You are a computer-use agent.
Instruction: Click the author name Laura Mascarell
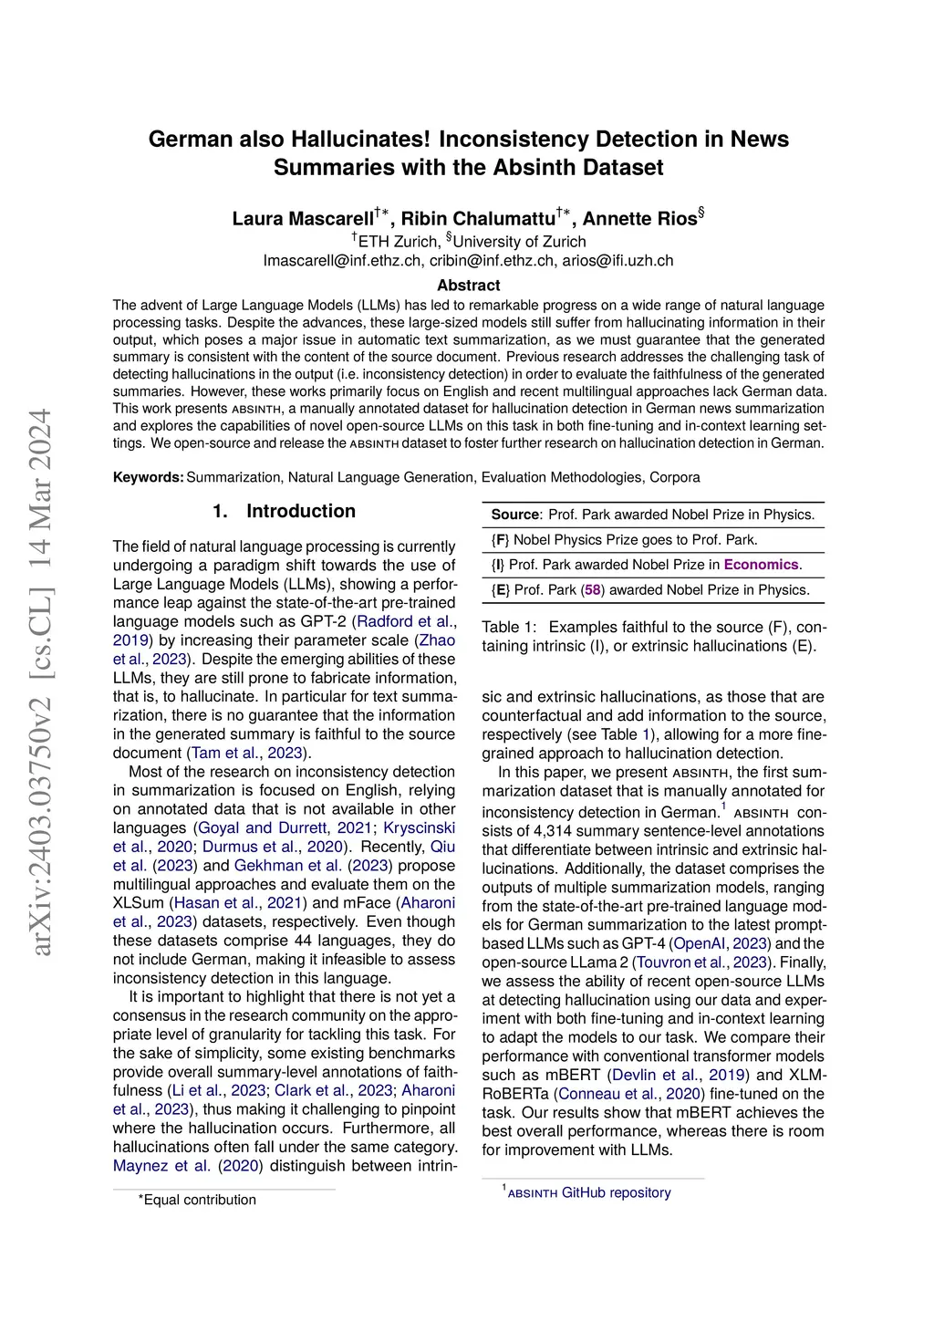click(x=303, y=219)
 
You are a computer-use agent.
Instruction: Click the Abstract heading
click(x=468, y=286)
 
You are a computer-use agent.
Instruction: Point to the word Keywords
click(x=148, y=477)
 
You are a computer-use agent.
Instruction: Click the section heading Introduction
click(x=300, y=512)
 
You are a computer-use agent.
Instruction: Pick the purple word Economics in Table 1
click(x=761, y=565)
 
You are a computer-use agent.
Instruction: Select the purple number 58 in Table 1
click(x=593, y=590)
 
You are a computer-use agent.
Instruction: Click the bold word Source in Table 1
click(x=515, y=515)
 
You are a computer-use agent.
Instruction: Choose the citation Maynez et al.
click(x=161, y=1165)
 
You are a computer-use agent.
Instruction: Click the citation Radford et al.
click(x=408, y=621)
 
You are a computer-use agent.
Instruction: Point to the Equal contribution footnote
click(x=199, y=1200)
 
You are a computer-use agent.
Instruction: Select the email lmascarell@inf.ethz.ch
click(x=342, y=261)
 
